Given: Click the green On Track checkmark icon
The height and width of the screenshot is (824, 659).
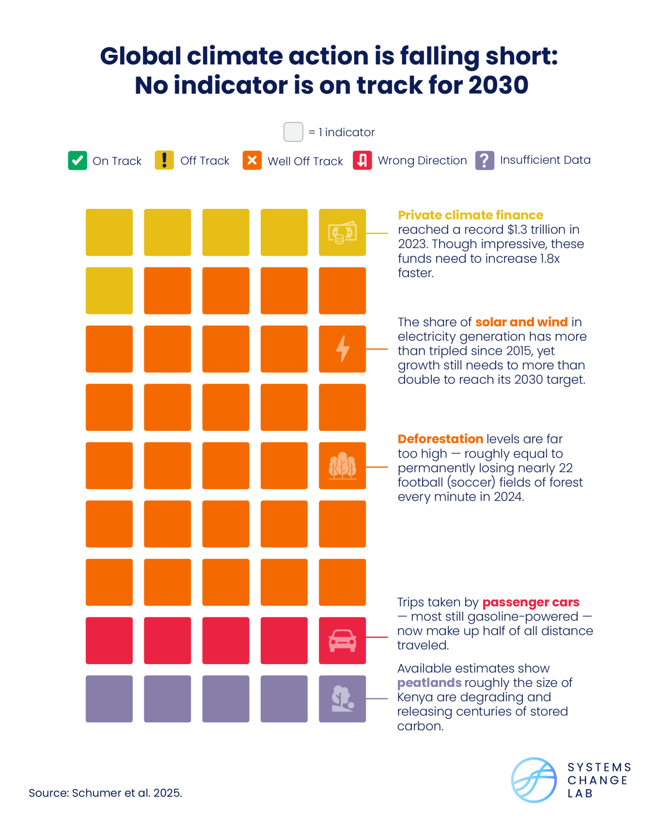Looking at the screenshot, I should (x=78, y=160).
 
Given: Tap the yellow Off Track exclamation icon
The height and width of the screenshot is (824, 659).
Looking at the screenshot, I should (x=164, y=160).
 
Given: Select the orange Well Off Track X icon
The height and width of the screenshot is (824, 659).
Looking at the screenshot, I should (x=252, y=160).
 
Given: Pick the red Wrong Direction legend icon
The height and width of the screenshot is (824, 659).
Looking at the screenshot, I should (x=362, y=160).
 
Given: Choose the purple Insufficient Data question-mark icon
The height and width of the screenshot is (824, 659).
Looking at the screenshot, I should (x=485, y=160).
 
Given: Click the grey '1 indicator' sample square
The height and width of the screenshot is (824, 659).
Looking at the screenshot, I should (x=293, y=132).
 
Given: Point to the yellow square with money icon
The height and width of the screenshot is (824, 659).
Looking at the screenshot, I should (x=342, y=233).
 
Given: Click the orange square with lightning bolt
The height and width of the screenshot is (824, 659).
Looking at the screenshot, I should (x=342, y=349).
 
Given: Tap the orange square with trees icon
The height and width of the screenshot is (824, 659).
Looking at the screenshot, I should (x=342, y=466).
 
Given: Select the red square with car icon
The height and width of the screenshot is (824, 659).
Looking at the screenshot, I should (x=342, y=640).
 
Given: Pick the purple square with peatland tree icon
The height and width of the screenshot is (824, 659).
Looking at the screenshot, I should (x=342, y=699).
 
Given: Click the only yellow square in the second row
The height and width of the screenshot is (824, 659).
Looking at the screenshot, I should (x=109, y=291).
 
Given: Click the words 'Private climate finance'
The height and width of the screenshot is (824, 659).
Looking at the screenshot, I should (x=470, y=215).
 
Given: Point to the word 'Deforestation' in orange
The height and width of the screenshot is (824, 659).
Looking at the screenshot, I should (x=440, y=439).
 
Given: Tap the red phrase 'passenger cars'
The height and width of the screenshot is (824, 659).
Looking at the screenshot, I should (x=531, y=602).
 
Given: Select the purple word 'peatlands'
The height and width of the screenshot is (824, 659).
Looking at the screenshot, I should (x=429, y=683).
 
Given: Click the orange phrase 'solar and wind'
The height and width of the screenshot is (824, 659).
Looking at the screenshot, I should (x=521, y=322).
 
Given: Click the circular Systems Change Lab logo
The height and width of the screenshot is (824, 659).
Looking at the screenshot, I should (x=534, y=780).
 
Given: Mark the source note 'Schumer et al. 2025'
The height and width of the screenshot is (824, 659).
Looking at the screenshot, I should (x=126, y=793).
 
